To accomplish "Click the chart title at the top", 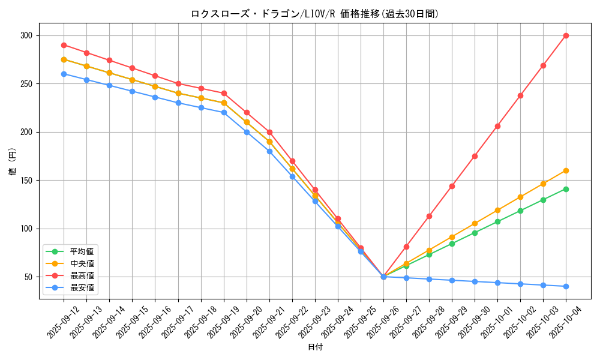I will [x=314, y=14].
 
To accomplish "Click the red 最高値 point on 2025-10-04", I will [x=566, y=35].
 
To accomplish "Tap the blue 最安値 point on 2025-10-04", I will [x=566, y=286].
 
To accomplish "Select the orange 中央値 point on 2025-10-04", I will [x=566, y=170].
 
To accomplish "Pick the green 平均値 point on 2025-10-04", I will [x=566, y=189].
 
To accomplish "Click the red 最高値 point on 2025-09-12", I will [x=64, y=45].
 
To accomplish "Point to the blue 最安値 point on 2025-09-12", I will [x=64, y=74].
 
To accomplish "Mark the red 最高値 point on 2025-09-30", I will [x=475, y=156].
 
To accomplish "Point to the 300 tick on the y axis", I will [x=26, y=35].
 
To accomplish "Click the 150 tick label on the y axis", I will [x=26, y=180].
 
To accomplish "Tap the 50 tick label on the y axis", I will [x=28, y=277].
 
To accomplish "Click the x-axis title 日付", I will [x=314, y=347].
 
